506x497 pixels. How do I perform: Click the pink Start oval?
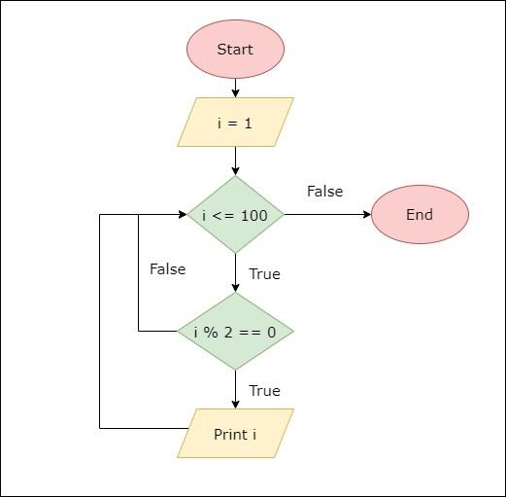235,50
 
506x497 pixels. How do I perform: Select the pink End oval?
420,215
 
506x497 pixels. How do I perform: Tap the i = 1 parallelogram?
235,123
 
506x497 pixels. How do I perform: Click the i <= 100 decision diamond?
235,215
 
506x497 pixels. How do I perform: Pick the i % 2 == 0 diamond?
235,332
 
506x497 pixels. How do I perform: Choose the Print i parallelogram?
235,434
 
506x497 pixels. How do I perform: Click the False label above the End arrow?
324,192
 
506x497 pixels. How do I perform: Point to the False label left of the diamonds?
167,269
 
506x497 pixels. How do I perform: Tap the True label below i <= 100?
264,274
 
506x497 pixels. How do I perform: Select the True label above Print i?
264,391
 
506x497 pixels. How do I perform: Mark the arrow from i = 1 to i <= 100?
235,160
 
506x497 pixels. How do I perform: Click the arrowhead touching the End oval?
366,215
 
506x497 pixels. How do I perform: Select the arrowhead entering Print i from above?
235,404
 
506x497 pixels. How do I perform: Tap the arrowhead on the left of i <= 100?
182,215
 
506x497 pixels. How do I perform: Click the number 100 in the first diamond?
254,215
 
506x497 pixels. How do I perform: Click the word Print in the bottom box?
230,434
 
